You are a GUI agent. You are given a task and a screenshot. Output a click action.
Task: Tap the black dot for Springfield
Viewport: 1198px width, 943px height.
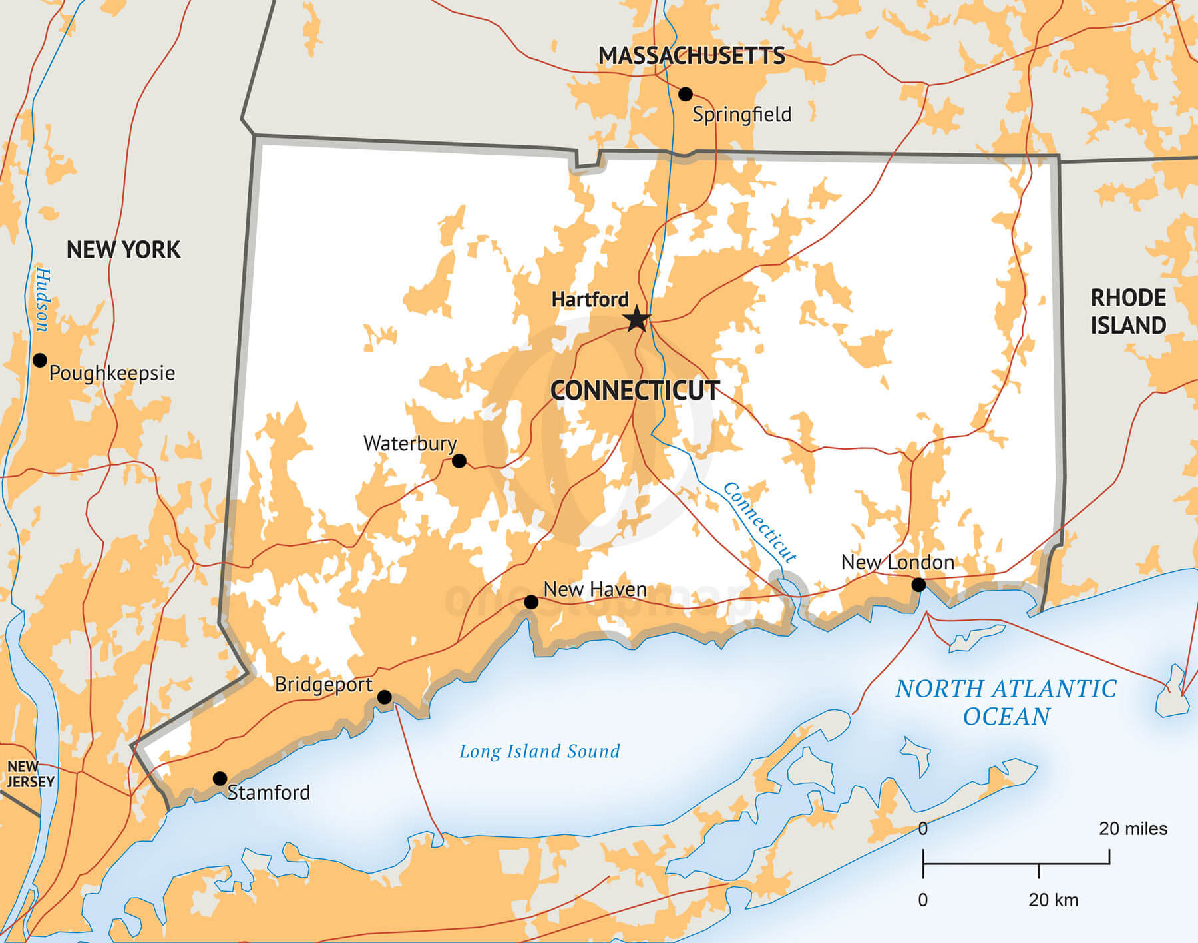685,94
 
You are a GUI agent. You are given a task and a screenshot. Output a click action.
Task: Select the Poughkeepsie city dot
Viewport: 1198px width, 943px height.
40,360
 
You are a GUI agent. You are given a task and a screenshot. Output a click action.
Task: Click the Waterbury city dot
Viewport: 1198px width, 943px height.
459,461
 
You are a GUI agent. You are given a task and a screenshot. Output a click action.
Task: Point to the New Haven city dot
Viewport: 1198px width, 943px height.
531,603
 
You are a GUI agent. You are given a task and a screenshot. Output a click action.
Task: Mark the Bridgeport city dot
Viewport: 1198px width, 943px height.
385,697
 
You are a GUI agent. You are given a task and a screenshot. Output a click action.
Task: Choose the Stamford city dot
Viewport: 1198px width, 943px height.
220,779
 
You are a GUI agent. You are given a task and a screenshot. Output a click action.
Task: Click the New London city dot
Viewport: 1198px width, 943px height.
918,585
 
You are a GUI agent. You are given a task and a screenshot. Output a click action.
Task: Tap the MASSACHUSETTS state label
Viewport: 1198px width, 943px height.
692,56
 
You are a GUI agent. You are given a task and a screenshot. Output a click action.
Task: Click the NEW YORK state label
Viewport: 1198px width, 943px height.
123,250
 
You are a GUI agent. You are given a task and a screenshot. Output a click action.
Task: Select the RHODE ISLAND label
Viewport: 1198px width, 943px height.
1128,311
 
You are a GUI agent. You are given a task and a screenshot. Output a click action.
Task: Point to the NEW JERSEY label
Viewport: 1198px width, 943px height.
30,774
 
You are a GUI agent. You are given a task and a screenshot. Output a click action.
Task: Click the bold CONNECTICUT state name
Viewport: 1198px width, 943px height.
635,390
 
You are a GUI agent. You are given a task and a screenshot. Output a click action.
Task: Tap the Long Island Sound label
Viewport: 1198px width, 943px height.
539,751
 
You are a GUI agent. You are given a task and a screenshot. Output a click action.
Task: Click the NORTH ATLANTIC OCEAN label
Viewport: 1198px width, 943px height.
1006,702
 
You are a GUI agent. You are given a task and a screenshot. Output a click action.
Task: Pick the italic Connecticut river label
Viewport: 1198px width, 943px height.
759,523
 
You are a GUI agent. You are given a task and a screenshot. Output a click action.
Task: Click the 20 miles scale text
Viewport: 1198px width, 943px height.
1133,828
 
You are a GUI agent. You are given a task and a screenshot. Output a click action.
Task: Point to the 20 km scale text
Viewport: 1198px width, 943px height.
1053,900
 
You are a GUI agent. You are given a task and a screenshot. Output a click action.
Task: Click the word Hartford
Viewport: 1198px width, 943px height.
590,300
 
